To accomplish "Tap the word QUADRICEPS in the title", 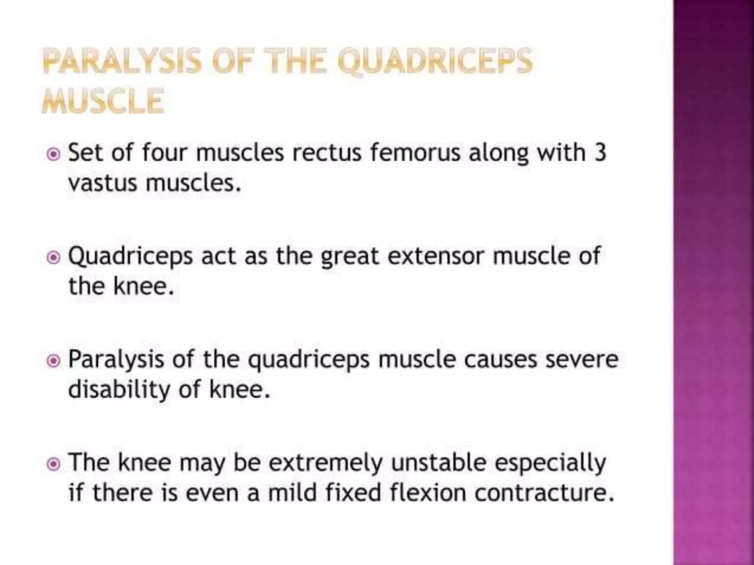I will [435, 62].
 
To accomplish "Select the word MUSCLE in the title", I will [103, 102].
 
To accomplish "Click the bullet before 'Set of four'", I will [54, 154].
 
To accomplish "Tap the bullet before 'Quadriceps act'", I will [54, 257].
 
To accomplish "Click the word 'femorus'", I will [415, 152].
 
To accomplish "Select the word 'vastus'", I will [102, 183].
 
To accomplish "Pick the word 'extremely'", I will [325, 463].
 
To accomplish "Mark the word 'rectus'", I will [327, 152].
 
